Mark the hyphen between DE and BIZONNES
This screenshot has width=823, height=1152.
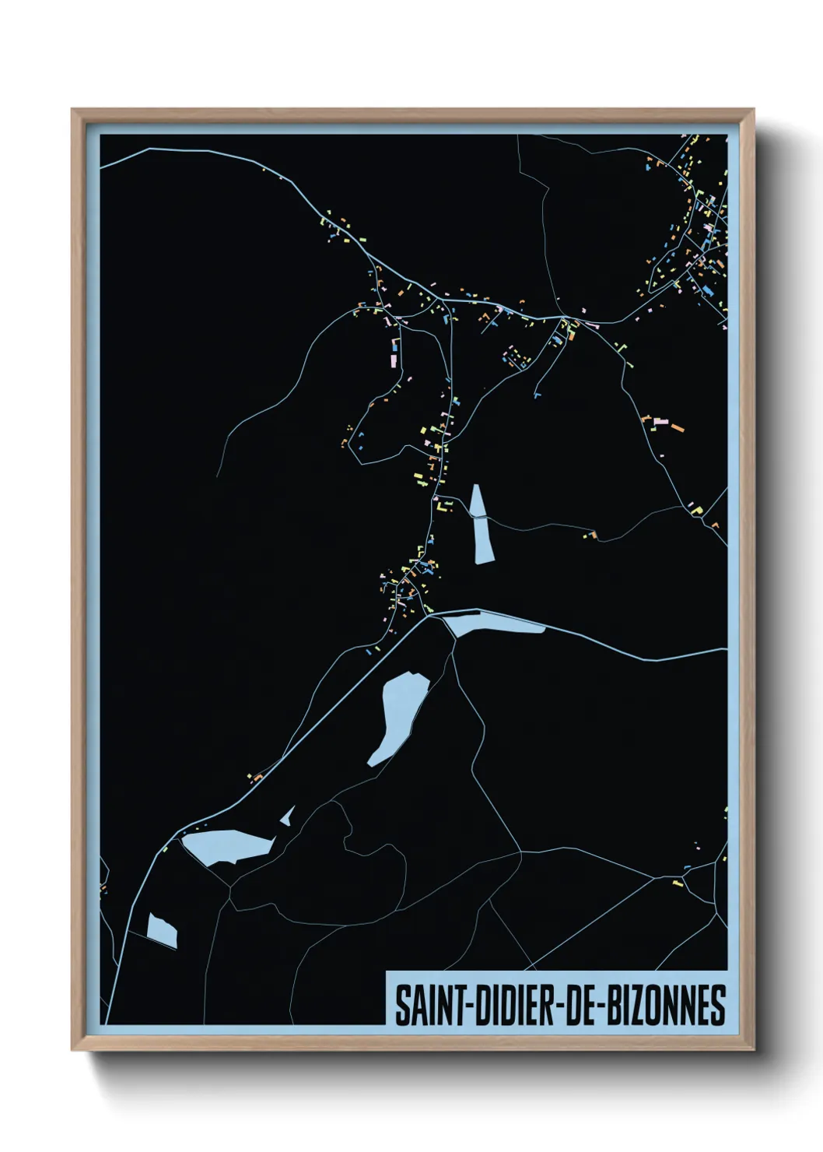click(601, 1006)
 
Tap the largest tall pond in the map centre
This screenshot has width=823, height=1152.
click(398, 716)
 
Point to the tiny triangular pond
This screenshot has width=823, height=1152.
click(288, 817)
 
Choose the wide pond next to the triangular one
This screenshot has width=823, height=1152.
click(228, 846)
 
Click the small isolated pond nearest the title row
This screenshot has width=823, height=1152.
click(162, 930)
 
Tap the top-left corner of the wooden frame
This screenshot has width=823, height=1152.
click(72, 111)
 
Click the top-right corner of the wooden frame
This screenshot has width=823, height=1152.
click(753, 111)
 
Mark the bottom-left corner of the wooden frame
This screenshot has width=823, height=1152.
click(72, 1049)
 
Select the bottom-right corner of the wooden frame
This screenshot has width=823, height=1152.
click(753, 1049)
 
